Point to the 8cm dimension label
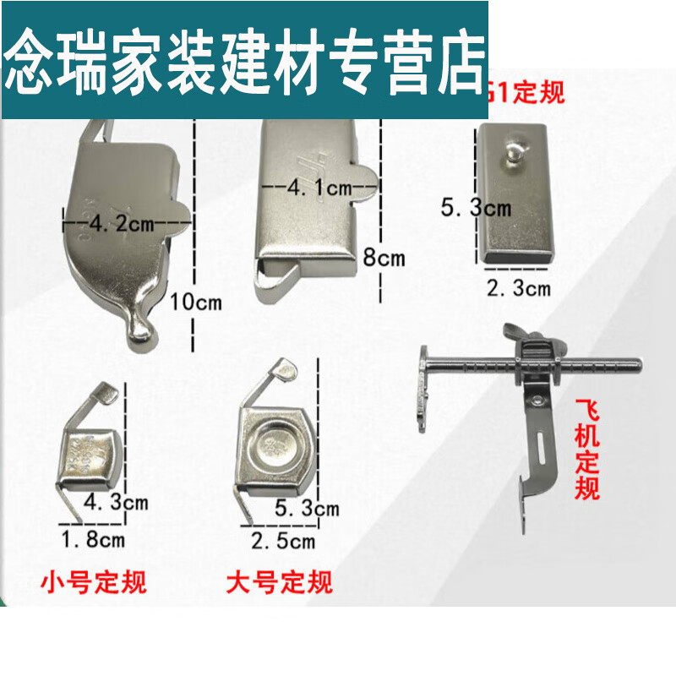point(384,257)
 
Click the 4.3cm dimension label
point(116,503)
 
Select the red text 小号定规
point(94,581)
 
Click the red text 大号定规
point(280,581)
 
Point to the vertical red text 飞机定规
point(587,449)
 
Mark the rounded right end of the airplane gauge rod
point(635,365)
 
